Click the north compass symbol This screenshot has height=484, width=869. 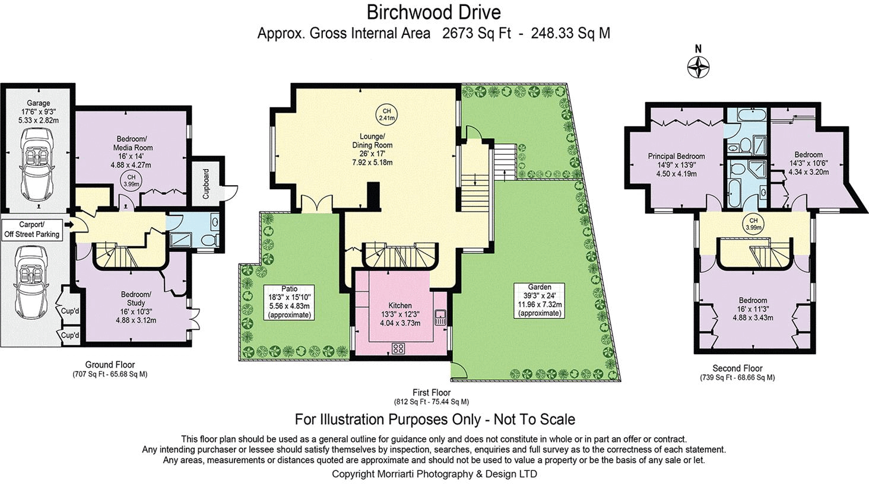tap(699, 67)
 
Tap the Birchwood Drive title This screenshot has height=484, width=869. tap(433, 12)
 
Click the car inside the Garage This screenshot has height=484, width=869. tap(37, 160)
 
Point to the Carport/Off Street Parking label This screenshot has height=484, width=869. tap(31, 230)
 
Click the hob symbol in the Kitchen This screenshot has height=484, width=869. tap(398, 348)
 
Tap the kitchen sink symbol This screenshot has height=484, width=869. tap(440, 317)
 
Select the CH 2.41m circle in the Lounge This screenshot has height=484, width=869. tap(386, 114)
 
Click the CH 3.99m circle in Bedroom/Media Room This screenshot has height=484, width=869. tap(131, 180)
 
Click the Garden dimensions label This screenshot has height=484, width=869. tap(539, 300)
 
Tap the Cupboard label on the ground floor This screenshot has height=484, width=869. tap(206, 184)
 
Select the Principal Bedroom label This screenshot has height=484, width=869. tap(676, 157)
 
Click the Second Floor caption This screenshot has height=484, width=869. tap(737, 368)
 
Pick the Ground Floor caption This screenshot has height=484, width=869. tap(110, 365)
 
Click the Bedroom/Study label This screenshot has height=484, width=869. tap(136, 298)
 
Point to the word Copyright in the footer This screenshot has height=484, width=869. tap(353, 474)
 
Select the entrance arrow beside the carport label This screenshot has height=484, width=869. tap(69, 225)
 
